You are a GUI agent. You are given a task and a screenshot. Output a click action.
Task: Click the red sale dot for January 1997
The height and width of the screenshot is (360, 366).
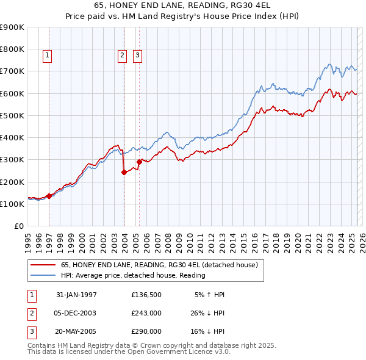pyautogui.click(x=49, y=196)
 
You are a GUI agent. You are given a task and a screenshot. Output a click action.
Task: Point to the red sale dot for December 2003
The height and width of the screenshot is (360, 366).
pyautogui.click(x=124, y=172)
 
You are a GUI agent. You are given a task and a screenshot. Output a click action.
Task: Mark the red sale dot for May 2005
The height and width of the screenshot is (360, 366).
pyautogui.click(x=139, y=162)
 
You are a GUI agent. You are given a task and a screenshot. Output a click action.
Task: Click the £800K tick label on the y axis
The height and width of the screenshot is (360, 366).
pyautogui.click(x=13, y=49)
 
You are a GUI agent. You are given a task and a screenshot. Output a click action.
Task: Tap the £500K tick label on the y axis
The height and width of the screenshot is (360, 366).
pyautogui.click(x=13, y=115)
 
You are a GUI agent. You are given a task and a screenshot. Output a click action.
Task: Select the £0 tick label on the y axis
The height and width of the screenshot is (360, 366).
pyautogui.click(x=19, y=226)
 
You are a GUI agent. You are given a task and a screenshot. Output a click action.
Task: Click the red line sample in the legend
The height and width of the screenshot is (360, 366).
pyautogui.click(x=42, y=265)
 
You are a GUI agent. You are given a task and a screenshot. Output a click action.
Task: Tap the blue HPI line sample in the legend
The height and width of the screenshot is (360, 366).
pyautogui.click(x=42, y=275)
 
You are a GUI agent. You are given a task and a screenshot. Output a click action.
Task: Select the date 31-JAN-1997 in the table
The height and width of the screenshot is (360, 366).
pyautogui.click(x=76, y=295)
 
